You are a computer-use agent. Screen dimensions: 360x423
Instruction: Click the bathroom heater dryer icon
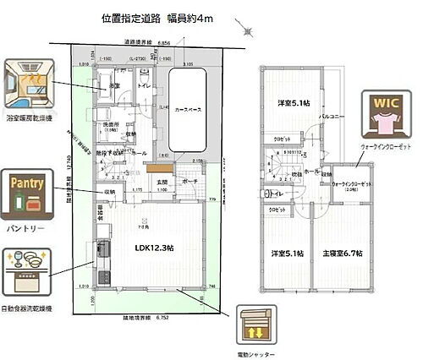point(30,82)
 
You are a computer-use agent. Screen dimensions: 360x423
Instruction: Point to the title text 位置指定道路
point(129,17)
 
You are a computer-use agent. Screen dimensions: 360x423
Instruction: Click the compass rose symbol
point(247,31)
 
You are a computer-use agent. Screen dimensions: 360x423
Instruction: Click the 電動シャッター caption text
point(254,354)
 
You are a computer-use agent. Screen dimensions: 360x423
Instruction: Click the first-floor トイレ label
point(143,85)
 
